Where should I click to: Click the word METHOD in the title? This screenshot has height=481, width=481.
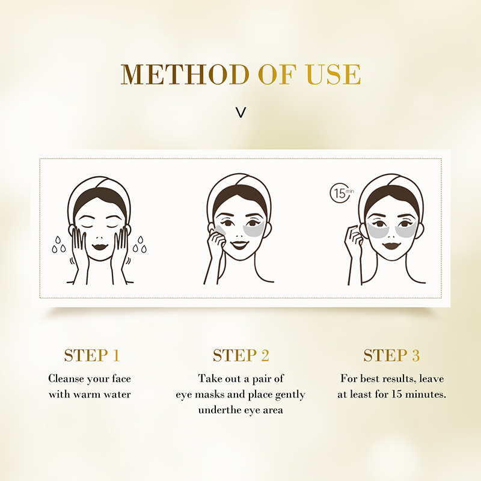(185, 74)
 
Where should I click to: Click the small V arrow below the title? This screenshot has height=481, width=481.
(241, 112)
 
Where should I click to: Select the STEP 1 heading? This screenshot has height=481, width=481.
(92, 355)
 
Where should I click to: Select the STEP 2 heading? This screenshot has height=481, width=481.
(241, 355)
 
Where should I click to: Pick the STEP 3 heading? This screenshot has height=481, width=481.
(391, 355)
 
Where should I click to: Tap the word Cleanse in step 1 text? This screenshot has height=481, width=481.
(67, 379)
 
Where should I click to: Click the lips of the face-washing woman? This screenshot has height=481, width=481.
(99, 247)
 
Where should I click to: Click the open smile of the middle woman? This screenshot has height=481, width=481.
(239, 245)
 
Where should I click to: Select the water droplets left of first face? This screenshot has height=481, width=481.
(58, 245)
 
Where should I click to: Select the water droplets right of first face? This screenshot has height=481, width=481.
(139, 245)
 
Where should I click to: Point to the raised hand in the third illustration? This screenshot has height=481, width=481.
(354, 239)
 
